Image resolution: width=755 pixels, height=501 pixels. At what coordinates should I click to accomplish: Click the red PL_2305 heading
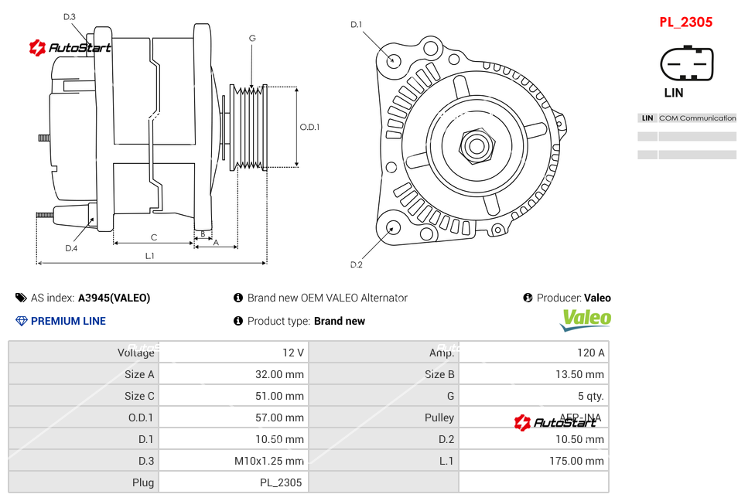click(685, 22)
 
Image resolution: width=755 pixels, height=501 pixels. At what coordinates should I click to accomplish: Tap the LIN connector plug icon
click(686, 63)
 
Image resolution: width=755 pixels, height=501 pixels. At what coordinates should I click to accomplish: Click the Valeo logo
click(586, 319)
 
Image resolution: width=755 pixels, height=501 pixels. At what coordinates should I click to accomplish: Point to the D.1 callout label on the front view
click(356, 25)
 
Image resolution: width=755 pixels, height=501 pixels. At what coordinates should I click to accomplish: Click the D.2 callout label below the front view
click(356, 265)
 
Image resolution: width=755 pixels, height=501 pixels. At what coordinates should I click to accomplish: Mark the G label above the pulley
click(252, 38)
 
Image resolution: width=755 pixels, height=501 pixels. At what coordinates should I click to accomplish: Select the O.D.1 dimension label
click(309, 127)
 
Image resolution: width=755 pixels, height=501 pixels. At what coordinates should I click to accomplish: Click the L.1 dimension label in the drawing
click(149, 256)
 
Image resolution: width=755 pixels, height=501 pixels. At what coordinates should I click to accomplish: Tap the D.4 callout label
click(71, 248)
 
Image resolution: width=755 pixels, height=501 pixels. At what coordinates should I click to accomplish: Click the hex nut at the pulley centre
click(477, 145)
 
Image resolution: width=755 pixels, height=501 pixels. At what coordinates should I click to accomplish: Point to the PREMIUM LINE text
click(68, 321)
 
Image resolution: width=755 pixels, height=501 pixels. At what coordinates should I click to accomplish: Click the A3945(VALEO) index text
click(114, 298)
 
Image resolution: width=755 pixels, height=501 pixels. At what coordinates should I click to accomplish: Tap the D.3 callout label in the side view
click(69, 16)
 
